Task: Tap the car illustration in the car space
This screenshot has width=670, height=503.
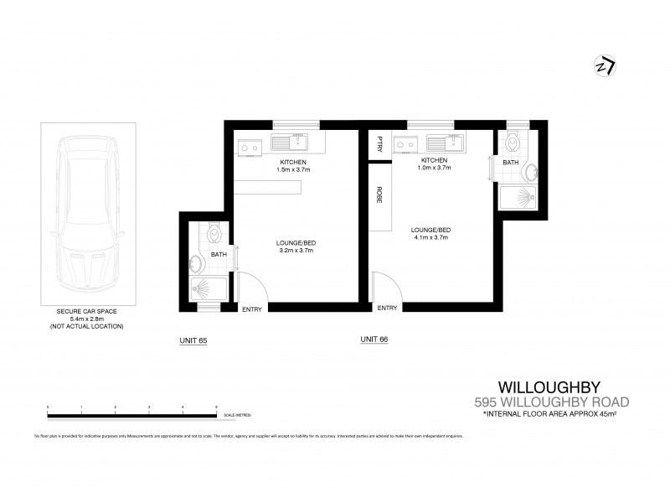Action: pos(86,215)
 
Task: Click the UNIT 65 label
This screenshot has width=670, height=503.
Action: pos(193,340)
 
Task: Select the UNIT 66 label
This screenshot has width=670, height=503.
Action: pos(374,340)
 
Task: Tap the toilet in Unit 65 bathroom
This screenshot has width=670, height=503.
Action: pos(214,231)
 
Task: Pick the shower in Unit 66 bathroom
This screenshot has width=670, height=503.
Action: pos(523,198)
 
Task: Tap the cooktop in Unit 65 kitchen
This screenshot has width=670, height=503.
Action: pos(248,148)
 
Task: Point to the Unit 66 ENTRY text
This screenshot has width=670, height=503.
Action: pos(387,309)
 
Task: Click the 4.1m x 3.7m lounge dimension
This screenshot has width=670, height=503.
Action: pos(431,238)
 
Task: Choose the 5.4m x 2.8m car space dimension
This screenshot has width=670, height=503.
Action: pos(86,318)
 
